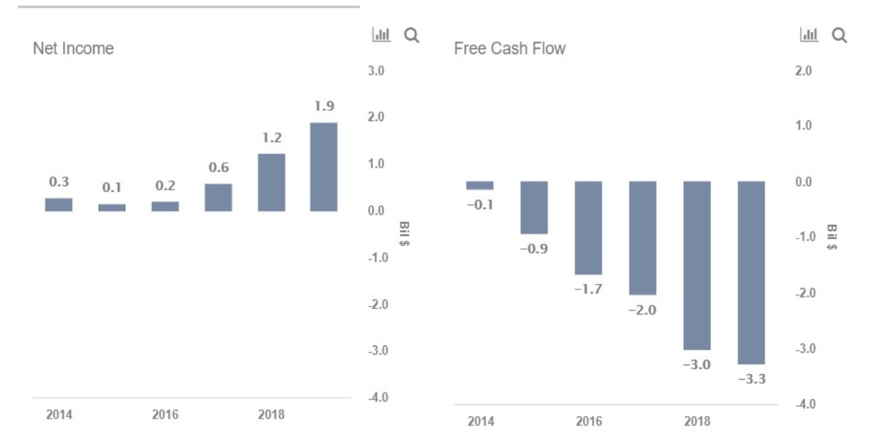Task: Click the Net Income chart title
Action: pyautogui.click(x=73, y=49)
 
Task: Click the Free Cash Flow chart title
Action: pyautogui.click(x=510, y=49)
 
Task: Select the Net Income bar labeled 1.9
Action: pyautogui.click(x=324, y=167)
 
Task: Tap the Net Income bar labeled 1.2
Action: pyautogui.click(x=271, y=182)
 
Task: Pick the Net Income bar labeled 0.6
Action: pyautogui.click(x=218, y=197)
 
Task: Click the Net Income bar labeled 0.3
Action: pyautogui.click(x=59, y=205)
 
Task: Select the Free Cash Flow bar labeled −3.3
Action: pyautogui.click(x=751, y=272)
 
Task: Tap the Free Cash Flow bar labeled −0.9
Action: pyautogui.click(x=534, y=207)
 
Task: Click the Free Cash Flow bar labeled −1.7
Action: pyautogui.click(x=588, y=228)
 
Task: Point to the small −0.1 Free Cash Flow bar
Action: pyautogui.click(x=480, y=185)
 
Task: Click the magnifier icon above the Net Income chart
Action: pyautogui.click(x=411, y=35)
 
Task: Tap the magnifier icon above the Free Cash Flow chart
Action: pyautogui.click(x=839, y=35)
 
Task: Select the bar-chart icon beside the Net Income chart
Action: pyautogui.click(x=381, y=35)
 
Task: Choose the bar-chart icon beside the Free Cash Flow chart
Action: pyautogui.click(x=809, y=35)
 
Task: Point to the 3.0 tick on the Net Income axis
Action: pyautogui.click(x=376, y=70)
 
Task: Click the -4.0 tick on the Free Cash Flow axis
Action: pyautogui.click(x=804, y=404)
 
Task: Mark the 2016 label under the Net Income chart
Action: pyautogui.click(x=165, y=415)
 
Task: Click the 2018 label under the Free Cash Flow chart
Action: pyautogui.click(x=697, y=421)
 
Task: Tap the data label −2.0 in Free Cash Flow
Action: pyautogui.click(x=642, y=310)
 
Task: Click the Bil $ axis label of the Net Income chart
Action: pyautogui.click(x=404, y=234)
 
